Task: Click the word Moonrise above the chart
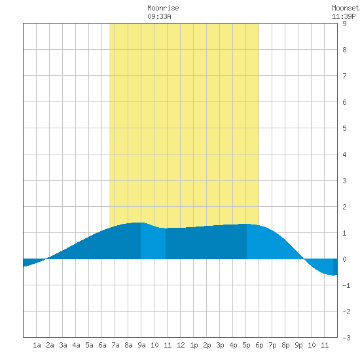point(163,8)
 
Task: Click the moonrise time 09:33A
point(159,16)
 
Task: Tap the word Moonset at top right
point(346,8)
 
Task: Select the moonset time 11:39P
point(344,16)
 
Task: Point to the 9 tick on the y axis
point(344,24)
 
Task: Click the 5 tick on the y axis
point(344,128)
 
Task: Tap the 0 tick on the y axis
point(344,259)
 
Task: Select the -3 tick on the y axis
point(346,338)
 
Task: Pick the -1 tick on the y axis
point(346,285)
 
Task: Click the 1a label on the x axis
point(37,345)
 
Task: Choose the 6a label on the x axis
point(102,345)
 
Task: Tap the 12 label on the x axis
point(181,345)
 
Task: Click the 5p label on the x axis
point(246,345)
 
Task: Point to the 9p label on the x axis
point(298,345)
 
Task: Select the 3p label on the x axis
point(220,345)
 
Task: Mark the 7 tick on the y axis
point(344,76)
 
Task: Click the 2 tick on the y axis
point(344,207)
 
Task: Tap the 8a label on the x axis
point(128,345)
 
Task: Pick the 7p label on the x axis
point(272,345)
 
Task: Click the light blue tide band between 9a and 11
point(153,242)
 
